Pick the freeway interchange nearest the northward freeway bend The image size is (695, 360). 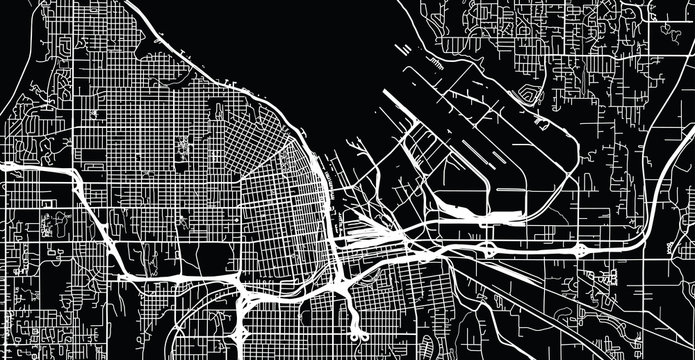pos(581,247)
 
